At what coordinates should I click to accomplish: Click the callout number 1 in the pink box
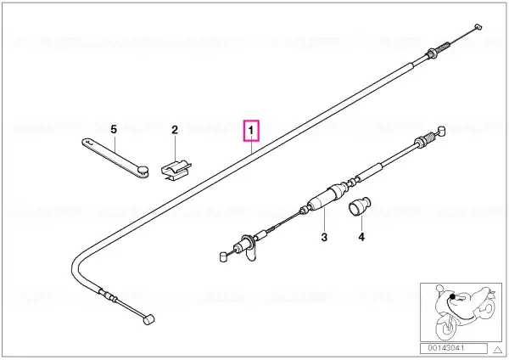(251, 131)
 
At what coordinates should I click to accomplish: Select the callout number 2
(175, 130)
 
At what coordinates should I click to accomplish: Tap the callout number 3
(324, 237)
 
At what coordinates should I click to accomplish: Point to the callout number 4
(361, 237)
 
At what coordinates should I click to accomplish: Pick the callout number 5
(114, 129)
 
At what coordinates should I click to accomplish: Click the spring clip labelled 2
(176, 170)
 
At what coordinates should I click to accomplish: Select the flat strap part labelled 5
(115, 158)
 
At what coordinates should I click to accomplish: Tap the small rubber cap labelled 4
(360, 206)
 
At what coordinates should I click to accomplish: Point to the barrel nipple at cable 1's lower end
(148, 319)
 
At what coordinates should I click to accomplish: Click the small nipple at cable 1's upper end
(478, 27)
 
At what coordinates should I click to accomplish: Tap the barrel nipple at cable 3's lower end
(223, 256)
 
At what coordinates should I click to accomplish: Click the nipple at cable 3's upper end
(440, 131)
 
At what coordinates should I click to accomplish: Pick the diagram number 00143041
(445, 348)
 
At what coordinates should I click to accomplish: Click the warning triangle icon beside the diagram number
(497, 350)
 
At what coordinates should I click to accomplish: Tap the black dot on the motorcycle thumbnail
(452, 296)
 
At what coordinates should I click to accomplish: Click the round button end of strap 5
(143, 170)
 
